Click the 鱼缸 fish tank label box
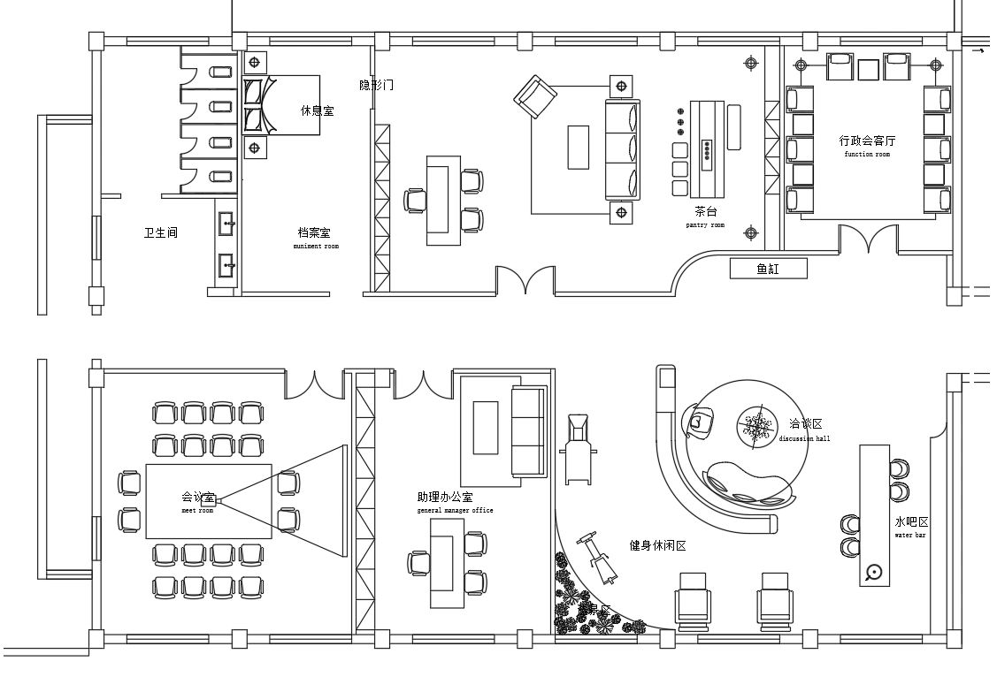click(768, 268)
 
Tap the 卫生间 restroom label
click(161, 233)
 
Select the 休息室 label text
click(317, 111)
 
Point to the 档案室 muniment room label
click(314, 234)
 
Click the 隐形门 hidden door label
click(376, 86)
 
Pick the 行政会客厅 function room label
click(867, 141)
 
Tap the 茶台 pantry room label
click(705, 213)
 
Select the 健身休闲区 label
click(657, 546)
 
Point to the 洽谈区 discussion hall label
click(805, 425)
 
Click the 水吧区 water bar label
click(911, 522)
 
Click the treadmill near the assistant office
click(577, 450)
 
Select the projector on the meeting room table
click(209, 500)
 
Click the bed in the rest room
click(281, 105)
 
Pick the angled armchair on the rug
click(535, 95)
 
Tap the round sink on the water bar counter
click(875, 572)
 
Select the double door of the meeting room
click(312, 384)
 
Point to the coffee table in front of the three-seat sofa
click(578, 147)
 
